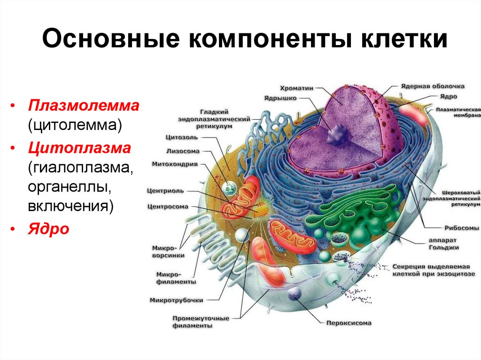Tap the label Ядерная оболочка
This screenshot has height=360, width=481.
(x=433, y=86)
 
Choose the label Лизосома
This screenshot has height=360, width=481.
(x=183, y=151)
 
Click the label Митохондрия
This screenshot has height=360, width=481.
(x=175, y=164)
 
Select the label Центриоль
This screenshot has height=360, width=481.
(x=165, y=191)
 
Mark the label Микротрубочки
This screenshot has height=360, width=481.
(x=176, y=299)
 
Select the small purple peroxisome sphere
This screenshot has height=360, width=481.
(x=295, y=294)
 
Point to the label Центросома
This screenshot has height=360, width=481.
(x=168, y=206)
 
